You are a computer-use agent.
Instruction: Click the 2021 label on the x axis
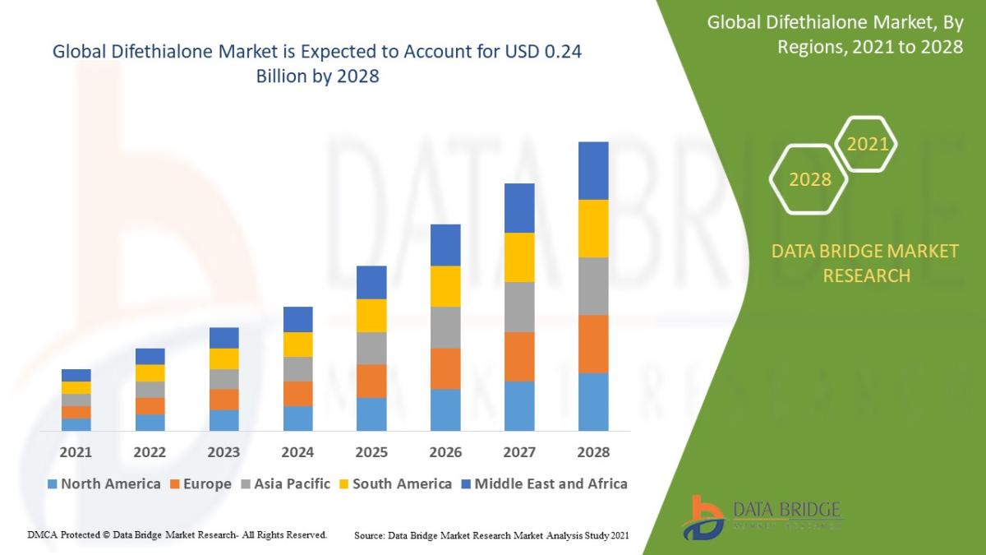pyautogui.click(x=76, y=452)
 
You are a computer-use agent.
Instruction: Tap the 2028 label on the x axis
pyautogui.click(x=593, y=452)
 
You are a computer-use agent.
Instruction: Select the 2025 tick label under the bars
pyautogui.click(x=371, y=452)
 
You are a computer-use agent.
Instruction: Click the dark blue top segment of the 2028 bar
pyautogui.click(x=593, y=170)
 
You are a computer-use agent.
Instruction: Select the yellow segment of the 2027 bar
pyautogui.click(x=519, y=257)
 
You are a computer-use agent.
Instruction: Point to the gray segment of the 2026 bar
pyautogui.click(x=445, y=327)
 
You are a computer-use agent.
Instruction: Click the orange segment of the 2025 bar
pyautogui.click(x=371, y=381)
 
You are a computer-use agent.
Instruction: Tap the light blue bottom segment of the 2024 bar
pyautogui.click(x=297, y=418)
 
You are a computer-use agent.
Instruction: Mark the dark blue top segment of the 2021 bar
pyautogui.click(x=76, y=375)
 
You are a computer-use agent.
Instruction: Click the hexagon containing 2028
pyautogui.click(x=809, y=179)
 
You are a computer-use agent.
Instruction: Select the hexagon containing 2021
pyautogui.click(x=867, y=145)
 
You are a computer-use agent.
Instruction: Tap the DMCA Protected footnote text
pyautogui.click(x=177, y=534)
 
